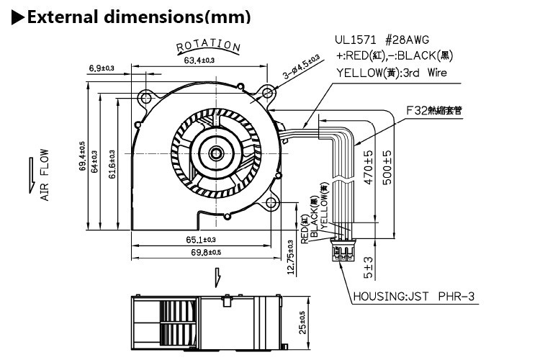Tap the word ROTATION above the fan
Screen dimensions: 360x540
[x=208, y=46]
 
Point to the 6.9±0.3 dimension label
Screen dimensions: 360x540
[x=102, y=68]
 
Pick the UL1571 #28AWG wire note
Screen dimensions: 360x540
[x=386, y=40]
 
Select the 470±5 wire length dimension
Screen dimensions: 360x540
[x=368, y=168]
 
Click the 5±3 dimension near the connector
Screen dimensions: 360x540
[x=369, y=268]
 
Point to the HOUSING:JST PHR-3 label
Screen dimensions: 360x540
[x=413, y=296]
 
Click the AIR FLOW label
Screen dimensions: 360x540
[x=44, y=174]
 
